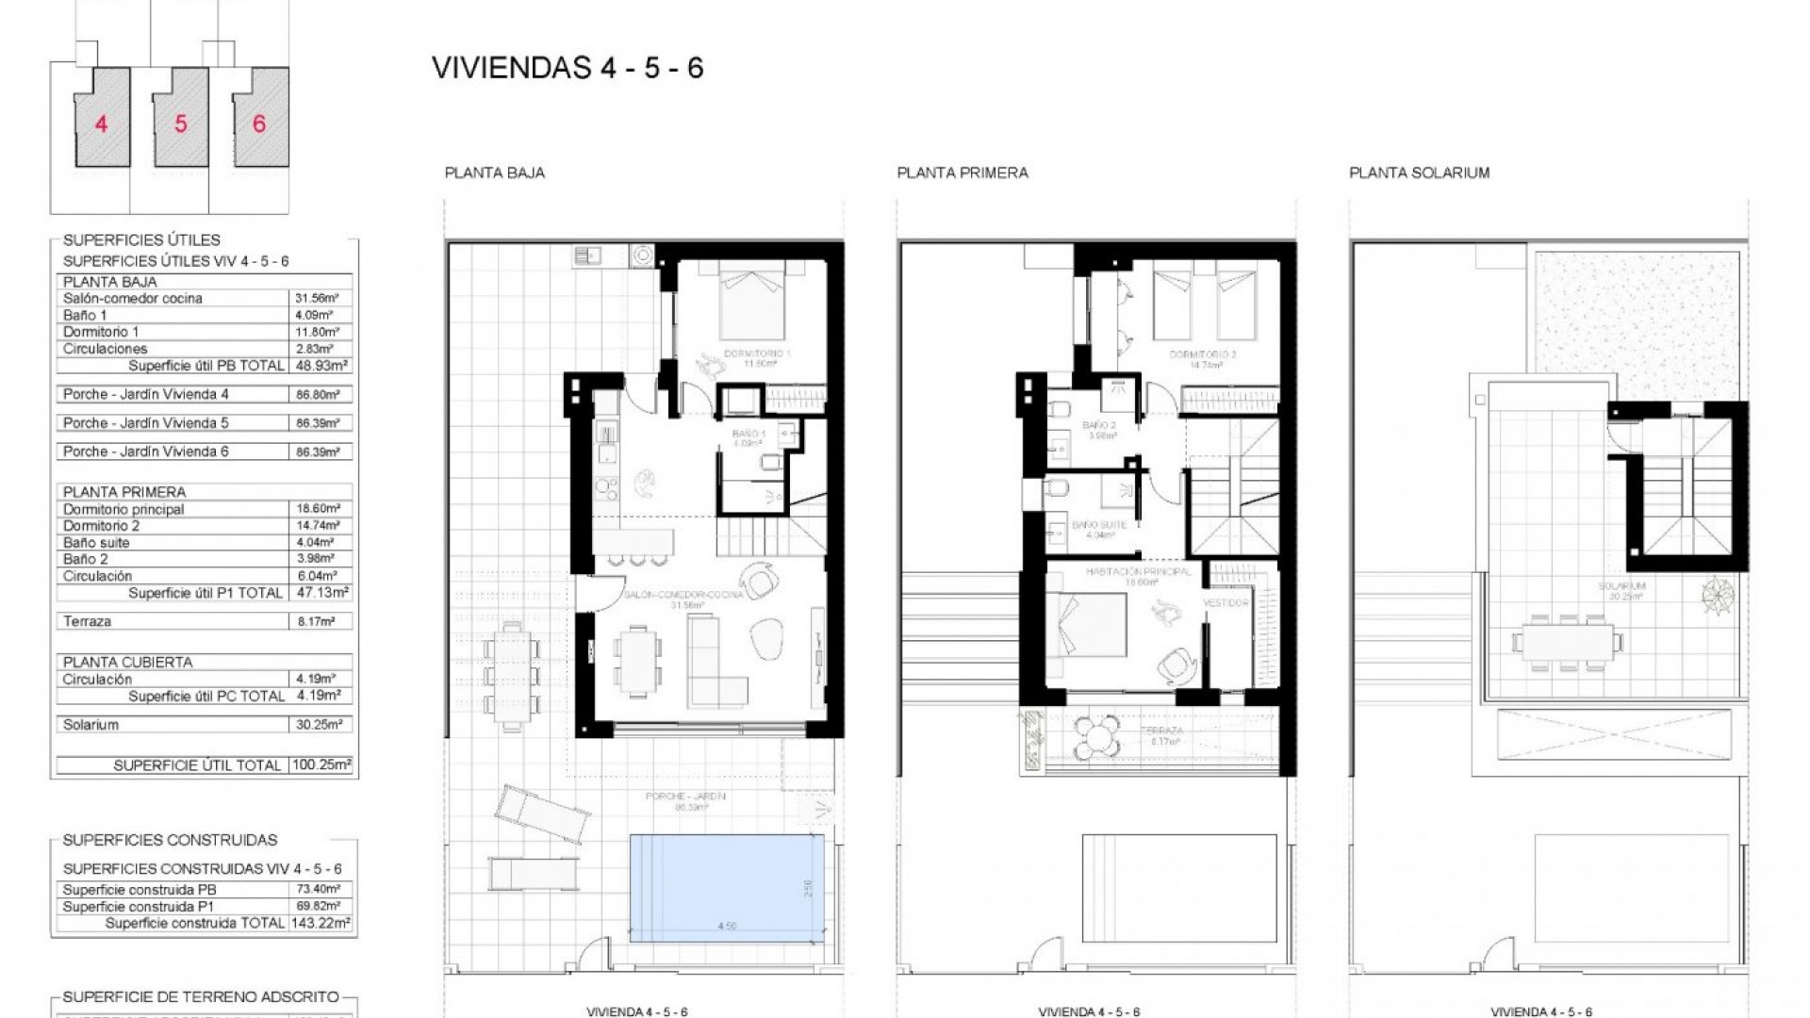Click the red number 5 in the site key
[180, 123]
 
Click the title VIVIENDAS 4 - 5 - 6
[568, 68]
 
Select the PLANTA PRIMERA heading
[962, 172]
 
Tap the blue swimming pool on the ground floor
[726, 887]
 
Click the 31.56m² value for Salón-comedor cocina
[316, 298]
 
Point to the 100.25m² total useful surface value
[320, 765]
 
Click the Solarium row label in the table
[91, 725]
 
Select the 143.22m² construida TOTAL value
[320, 923]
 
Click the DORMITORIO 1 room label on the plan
[756, 354]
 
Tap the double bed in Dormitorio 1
[752, 300]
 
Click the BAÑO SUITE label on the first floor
[1094, 525]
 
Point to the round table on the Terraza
[1097, 735]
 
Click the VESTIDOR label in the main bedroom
[1226, 602]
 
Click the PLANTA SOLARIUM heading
[1419, 172]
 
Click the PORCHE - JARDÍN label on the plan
[685, 796]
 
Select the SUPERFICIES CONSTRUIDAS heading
[170, 840]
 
